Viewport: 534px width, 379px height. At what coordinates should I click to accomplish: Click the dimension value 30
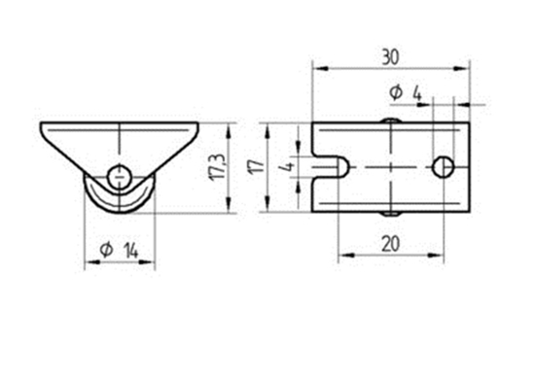[390, 57]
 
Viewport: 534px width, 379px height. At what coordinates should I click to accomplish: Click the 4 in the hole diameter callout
[416, 92]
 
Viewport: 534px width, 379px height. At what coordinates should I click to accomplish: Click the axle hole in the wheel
[120, 176]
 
